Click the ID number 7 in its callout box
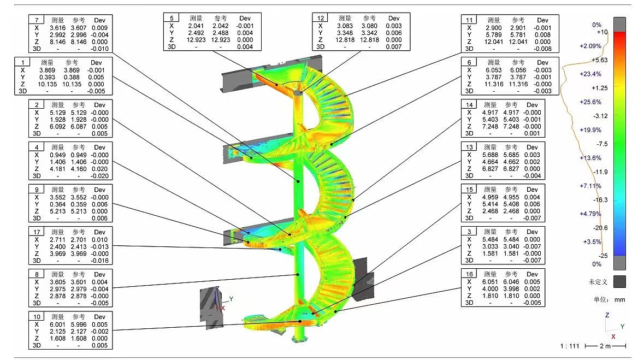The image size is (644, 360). click(x=37, y=20)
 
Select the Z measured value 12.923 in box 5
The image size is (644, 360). click(x=196, y=40)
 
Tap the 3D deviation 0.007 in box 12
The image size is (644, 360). click(x=393, y=47)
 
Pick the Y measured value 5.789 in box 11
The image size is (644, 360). click(x=494, y=35)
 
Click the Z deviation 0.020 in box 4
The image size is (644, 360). click(x=101, y=169)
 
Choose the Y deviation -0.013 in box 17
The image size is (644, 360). click(x=100, y=246)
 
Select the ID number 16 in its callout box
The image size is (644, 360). click(x=469, y=274)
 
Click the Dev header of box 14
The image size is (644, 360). click(x=532, y=105)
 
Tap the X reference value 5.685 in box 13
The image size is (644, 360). click(x=511, y=155)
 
